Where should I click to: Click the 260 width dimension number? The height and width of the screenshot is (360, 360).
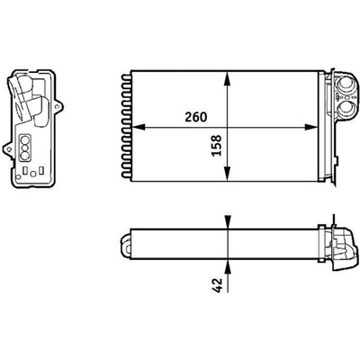click(x=196, y=117)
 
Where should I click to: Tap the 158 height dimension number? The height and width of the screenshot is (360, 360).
click(x=217, y=146)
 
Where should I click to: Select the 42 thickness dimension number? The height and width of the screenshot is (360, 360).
click(x=217, y=285)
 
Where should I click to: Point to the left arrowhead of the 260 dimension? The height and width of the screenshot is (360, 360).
click(x=139, y=127)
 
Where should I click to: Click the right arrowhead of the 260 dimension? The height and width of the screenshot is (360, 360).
click(x=310, y=127)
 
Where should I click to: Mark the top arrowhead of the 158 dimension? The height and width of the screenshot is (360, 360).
click(x=228, y=78)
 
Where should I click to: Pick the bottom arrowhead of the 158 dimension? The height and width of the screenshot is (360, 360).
click(x=228, y=174)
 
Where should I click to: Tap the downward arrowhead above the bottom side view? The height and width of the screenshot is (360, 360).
click(x=228, y=222)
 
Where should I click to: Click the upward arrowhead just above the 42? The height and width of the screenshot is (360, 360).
click(x=228, y=267)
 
